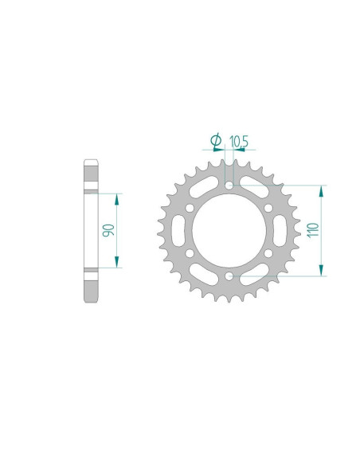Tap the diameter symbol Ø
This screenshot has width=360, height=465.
click(216, 142)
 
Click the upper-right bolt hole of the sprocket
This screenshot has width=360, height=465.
click(268, 209)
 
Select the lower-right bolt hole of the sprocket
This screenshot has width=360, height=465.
click(268, 253)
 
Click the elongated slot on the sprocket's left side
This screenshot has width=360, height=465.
click(182, 231)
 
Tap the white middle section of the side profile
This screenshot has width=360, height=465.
click(91, 231)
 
